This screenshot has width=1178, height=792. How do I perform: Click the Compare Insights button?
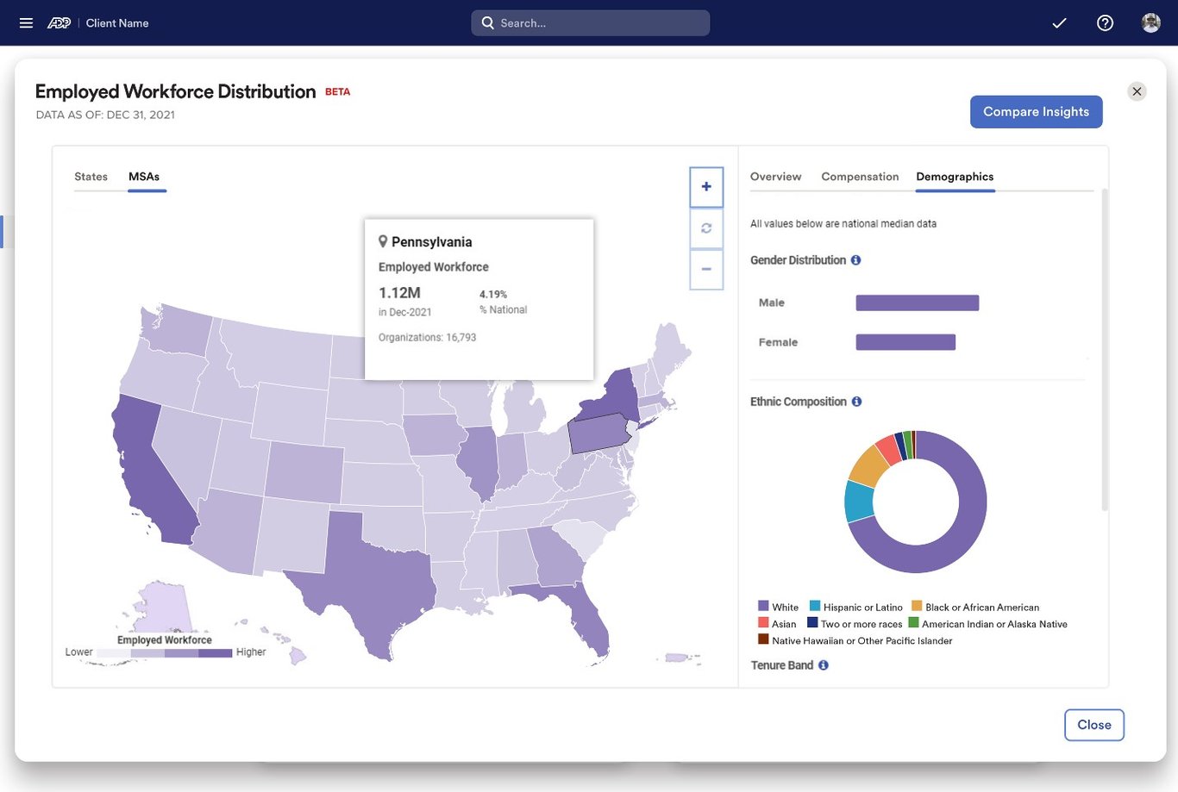[x=1036, y=112]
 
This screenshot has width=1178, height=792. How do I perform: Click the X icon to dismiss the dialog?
[x=1137, y=91]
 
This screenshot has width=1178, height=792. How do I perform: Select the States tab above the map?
[x=91, y=177]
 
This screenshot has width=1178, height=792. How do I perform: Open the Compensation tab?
[x=860, y=177]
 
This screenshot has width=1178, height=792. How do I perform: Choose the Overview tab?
[x=775, y=177]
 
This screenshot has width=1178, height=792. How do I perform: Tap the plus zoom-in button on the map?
[x=706, y=187]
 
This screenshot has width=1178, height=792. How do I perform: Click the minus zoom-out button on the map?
[x=706, y=270]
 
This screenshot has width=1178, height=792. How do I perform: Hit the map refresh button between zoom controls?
[x=706, y=228]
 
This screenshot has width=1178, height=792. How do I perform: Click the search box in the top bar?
[x=590, y=23]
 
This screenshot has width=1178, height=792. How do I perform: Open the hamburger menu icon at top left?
[x=26, y=23]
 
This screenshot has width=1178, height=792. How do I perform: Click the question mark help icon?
[x=1105, y=23]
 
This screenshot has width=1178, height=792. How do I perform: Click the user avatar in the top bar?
[x=1150, y=23]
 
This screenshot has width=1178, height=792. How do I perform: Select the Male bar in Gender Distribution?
[x=917, y=302]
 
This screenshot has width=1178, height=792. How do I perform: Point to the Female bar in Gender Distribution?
[x=905, y=342]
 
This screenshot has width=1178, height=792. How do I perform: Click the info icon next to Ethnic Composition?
[x=856, y=402]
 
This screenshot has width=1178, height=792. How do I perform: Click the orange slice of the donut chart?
[x=868, y=465]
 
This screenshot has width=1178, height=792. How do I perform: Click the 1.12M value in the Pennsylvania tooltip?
[x=399, y=293]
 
